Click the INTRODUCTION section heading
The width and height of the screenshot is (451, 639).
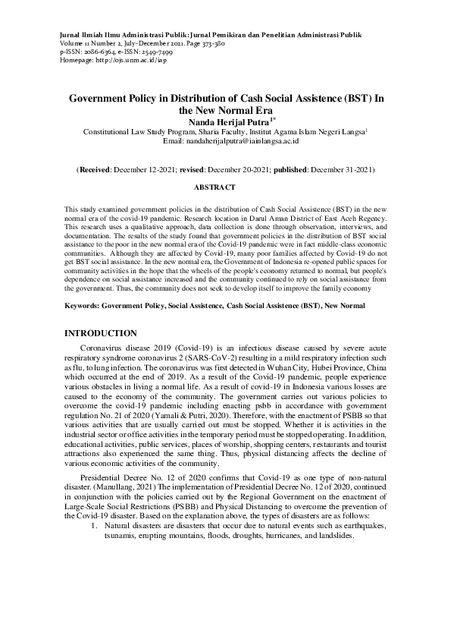click(x=101, y=333)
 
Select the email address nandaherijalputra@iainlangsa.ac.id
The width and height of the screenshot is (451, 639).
click(x=236, y=140)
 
